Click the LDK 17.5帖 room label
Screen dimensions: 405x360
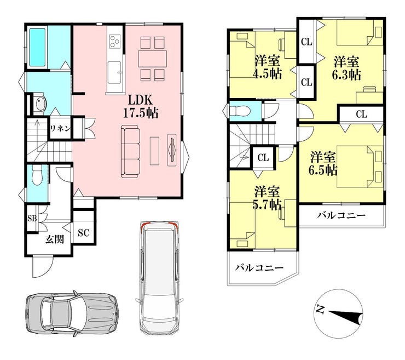tap(141, 106)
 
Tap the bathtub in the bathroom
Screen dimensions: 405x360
tap(38, 47)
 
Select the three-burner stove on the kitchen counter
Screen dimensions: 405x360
tap(115, 42)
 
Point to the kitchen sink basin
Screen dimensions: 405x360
tap(114, 73)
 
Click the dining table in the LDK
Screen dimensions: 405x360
tap(152, 59)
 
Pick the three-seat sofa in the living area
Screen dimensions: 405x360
tap(131, 152)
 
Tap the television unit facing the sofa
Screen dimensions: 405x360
tap(172, 150)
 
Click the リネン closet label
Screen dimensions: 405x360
tap(60, 128)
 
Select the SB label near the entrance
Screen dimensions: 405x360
tap(32, 219)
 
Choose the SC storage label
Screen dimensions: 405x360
tap(83, 233)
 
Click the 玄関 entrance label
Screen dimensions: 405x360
tap(55, 239)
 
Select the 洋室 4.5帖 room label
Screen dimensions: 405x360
tap(267, 67)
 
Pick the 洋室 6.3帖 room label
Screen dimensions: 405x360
tap(346, 68)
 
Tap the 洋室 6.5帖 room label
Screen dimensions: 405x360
tap(323, 163)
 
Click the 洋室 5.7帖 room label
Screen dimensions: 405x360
tap(267, 198)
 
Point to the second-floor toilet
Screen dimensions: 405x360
tap(240, 111)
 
